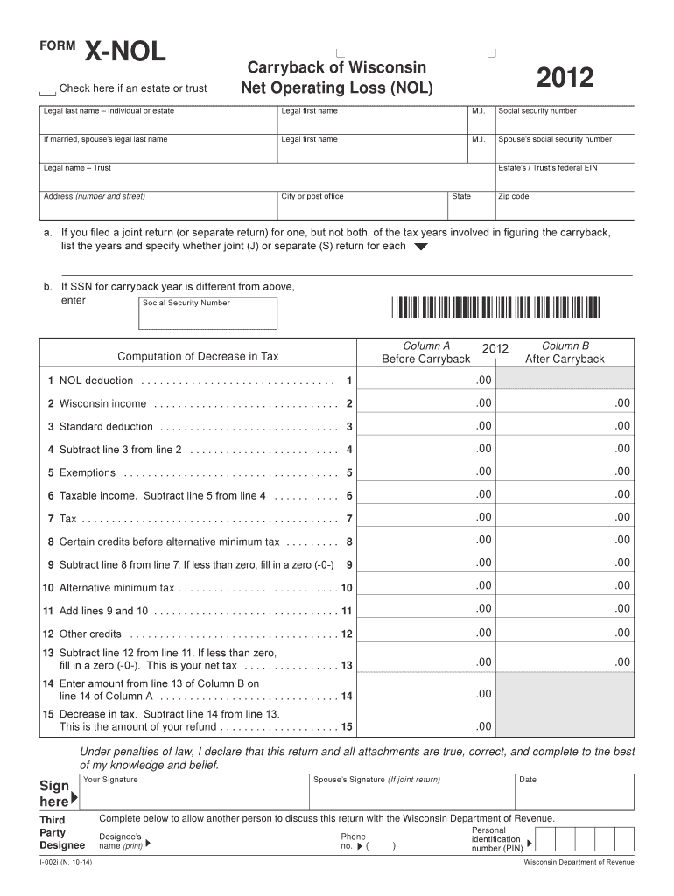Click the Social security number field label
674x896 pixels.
tap(537, 111)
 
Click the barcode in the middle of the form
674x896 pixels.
tap(497, 307)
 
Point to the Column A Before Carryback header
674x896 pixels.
tap(426, 353)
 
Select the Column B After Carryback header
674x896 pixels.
tap(565, 353)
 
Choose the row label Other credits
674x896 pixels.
tap(90, 633)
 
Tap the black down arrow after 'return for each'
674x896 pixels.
tap(420, 248)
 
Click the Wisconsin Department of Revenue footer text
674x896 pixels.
tap(579, 863)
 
